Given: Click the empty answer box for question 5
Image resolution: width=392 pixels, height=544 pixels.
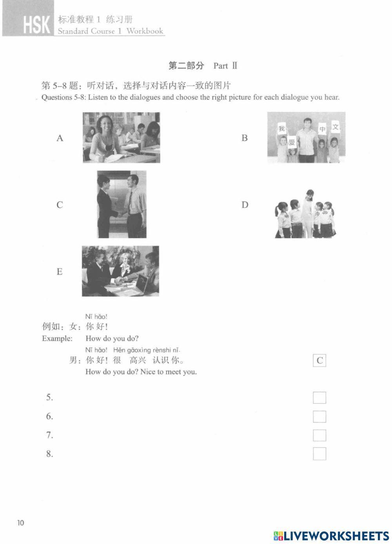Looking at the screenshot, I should coord(319,397).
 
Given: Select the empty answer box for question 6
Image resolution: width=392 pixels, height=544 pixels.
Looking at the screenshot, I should coord(319,416).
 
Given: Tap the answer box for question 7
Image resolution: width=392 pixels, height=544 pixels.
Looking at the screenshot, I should coord(319,435).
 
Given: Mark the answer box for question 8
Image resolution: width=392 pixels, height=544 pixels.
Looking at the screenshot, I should coord(319,453).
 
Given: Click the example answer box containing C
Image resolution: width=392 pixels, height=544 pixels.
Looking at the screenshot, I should coord(319,361).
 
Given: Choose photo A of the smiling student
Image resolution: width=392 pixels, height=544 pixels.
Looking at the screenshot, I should coord(121,138).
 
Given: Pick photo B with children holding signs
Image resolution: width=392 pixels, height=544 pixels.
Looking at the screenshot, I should coord(306,138).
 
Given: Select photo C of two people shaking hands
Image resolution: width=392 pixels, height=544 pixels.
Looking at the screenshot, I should coord(122,204).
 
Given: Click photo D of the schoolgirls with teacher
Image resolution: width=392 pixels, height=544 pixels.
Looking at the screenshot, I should coord(305,214).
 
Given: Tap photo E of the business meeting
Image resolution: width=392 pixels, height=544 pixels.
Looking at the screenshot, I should coord(120,271).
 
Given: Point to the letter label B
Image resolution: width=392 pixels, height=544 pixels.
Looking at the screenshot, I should coord(245,138).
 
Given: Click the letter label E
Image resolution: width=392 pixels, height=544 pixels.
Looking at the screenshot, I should coord(60,272).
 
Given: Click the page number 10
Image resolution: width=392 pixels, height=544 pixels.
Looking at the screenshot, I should coord(20,522).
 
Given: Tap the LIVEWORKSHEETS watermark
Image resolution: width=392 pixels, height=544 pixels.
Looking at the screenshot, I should coord(331,536).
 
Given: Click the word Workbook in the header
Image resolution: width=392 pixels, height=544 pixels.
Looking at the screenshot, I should coord(145,31).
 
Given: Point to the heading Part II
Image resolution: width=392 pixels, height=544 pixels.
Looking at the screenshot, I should coord(225,66).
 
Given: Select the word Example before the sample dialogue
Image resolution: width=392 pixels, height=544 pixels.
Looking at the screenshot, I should coord(57,338).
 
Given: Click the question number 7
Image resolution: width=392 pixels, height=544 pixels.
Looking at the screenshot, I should coord(49,435).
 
